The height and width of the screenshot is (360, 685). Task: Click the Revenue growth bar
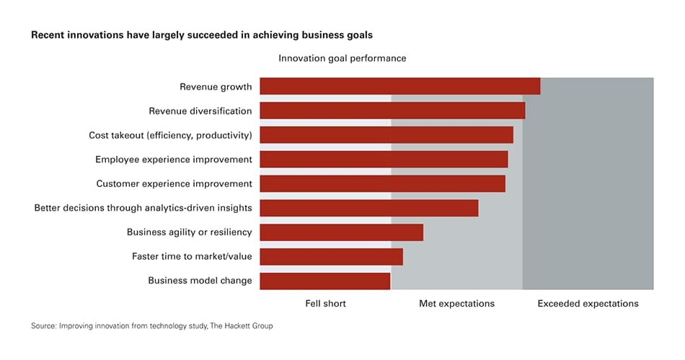(399, 87)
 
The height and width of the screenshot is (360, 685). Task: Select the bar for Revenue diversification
(392, 110)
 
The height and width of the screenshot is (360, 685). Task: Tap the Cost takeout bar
(386, 135)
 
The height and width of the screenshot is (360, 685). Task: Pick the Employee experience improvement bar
(384, 159)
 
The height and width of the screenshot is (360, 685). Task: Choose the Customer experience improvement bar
(382, 183)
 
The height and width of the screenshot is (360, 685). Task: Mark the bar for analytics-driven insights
(369, 208)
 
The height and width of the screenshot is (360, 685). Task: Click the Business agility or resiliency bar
(341, 232)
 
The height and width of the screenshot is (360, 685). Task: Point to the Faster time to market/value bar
(331, 256)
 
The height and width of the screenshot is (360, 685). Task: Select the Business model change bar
(324, 281)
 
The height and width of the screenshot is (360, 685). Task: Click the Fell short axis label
(325, 304)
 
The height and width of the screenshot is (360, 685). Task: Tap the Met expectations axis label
(456, 304)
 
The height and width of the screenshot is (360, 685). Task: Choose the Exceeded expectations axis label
(588, 304)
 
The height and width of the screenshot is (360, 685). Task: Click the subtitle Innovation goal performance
(342, 58)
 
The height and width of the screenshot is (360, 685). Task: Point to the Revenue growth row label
(216, 87)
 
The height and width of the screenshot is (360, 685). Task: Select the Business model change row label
(200, 281)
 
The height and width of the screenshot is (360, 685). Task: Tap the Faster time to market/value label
(192, 256)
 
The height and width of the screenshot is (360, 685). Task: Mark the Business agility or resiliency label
(189, 232)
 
